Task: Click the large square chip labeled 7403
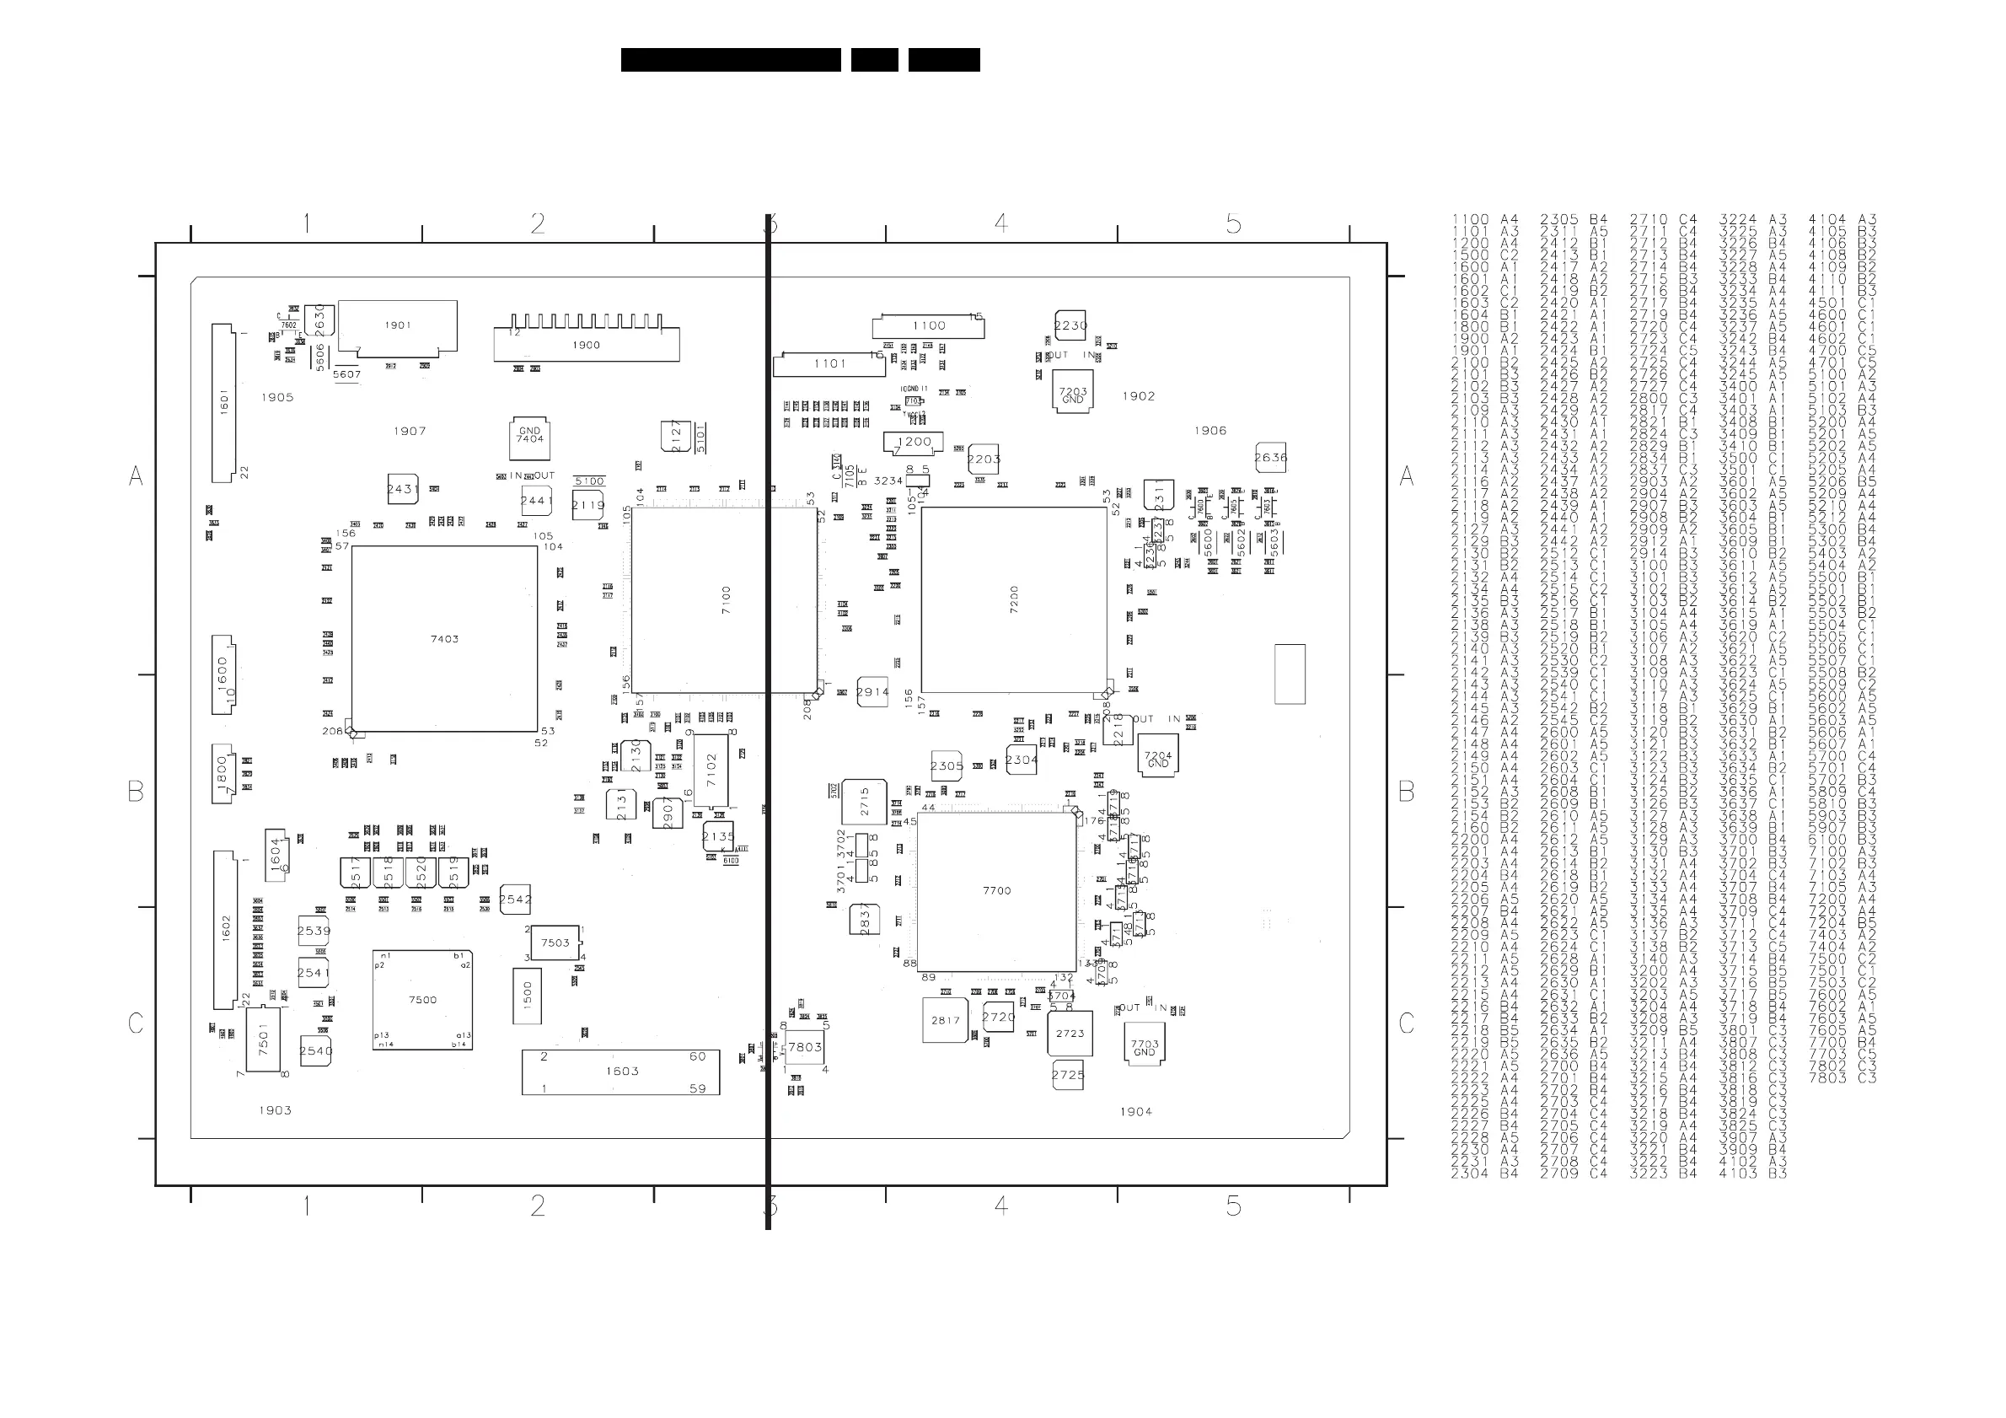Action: point(444,639)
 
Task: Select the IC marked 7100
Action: point(724,600)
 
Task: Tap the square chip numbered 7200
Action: point(1013,600)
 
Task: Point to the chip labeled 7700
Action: point(996,890)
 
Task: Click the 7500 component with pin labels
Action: point(422,1000)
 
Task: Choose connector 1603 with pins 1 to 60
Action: point(620,1072)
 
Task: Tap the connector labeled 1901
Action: point(398,327)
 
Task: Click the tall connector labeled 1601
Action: point(223,403)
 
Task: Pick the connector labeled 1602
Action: point(225,930)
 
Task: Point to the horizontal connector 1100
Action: point(928,327)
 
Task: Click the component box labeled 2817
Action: point(946,1020)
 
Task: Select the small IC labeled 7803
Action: point(804,1047)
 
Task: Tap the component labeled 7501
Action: point(263,1039)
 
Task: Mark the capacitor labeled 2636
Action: point(1269,457)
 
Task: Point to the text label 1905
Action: point(277,398)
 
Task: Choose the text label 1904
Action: point(1136,1111)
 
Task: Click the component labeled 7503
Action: point(555,943)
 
